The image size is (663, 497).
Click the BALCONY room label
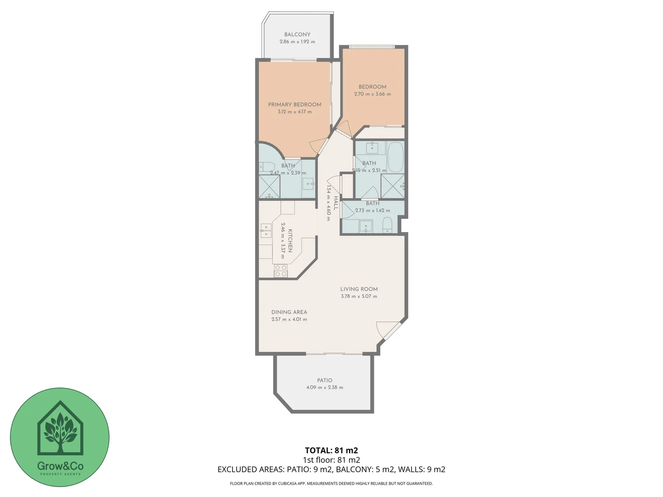(x=297, y=35)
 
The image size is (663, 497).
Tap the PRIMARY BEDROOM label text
(x=295, y=104)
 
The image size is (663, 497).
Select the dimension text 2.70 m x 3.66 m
(x=372, y=94)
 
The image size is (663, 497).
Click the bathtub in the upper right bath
(x=395, y=156)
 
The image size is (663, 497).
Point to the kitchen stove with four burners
(x=281, y=271)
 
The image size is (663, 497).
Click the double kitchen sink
(x=266, y=231)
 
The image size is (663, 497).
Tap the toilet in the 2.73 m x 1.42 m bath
(x=387, y=225)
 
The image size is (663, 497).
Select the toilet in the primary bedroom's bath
(x=267, y=167)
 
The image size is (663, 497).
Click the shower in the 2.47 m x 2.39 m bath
(x=269, y=187)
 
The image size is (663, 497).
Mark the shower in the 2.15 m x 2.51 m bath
(x=393, y=186)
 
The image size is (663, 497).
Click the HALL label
(x=336, y=203)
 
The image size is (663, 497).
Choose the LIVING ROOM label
(x=359, y=289)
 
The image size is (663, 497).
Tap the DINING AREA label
(x=289, y=312)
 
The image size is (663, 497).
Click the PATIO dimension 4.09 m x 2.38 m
(x=325, y=387)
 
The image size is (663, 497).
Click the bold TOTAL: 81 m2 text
(x=331, y=451)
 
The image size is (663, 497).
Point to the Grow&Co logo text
(x=60, y=466)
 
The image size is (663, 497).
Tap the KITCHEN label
(x=290, y=241)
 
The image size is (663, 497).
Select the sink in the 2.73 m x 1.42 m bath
(x=366, y=226)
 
